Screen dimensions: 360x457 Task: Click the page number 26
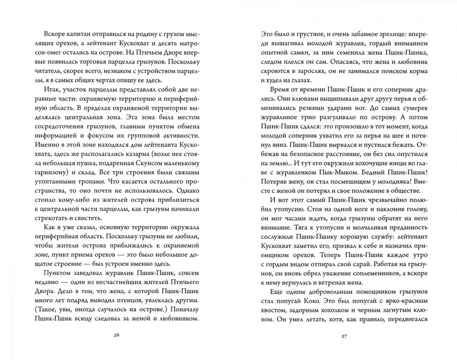pos(116,336)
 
